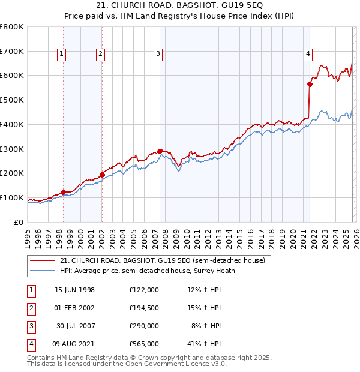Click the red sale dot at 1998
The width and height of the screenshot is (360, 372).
pyautogui.click(x=63, y=192)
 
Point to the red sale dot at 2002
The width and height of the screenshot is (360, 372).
pyautogui.click(x=101, y=175)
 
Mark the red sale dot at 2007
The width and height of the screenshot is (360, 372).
pyautogui.click(x=160, y=151)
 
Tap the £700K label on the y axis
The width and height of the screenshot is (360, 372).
pyautogui.click(x=12, y=51)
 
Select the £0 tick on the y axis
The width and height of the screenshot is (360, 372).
pyautogui.click(x=18, y=222)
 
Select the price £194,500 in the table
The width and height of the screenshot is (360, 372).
pyautogui.click(x=143, y=308)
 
